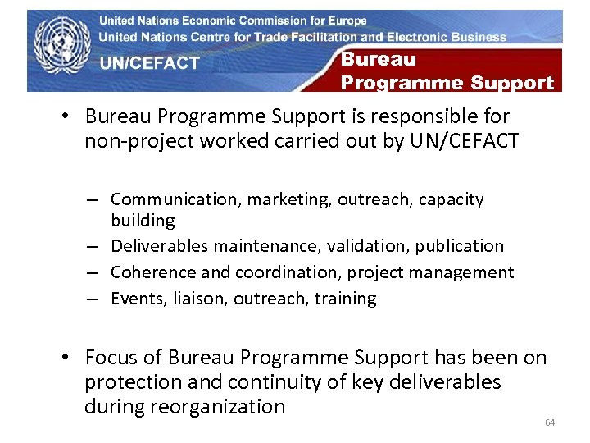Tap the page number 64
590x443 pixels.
point(550,422)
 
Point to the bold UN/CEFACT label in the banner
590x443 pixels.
point(149,63)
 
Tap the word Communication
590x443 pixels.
point(168,199)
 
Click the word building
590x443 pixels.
point(143,221)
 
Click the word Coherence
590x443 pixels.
point(150,272)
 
